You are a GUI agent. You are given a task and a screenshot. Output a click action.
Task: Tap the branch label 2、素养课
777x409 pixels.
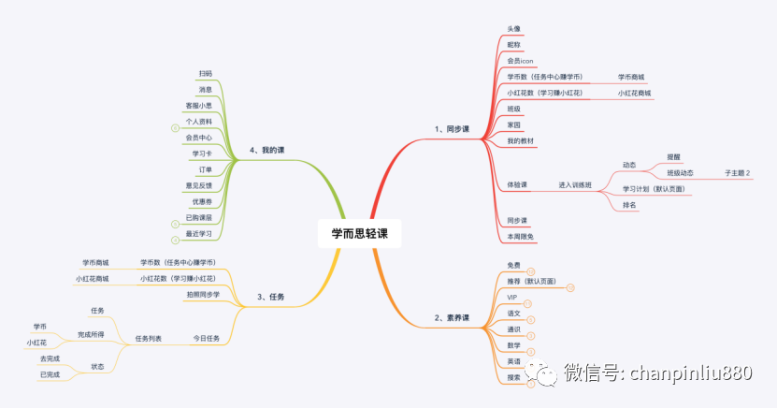point(452,317)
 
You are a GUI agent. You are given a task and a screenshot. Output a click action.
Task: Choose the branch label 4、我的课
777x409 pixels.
point(266,149)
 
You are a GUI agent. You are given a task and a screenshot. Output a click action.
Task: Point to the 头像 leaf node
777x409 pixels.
point(513,29)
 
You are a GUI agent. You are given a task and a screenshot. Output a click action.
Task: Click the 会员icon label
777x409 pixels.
point(520,61)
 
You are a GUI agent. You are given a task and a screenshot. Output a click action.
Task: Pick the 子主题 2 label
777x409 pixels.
point(737,173)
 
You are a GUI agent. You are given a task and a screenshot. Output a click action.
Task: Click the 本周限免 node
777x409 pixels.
point(521,236)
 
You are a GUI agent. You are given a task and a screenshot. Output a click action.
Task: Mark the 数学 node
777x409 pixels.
point(513,345)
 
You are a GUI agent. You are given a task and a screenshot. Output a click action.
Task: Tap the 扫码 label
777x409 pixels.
point(205,73)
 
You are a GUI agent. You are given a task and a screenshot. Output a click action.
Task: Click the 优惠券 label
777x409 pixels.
point(201,201)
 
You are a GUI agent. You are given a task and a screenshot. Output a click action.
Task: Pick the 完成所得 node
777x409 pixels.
point(91,334)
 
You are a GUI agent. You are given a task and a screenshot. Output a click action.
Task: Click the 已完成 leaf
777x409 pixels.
point(50,374)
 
